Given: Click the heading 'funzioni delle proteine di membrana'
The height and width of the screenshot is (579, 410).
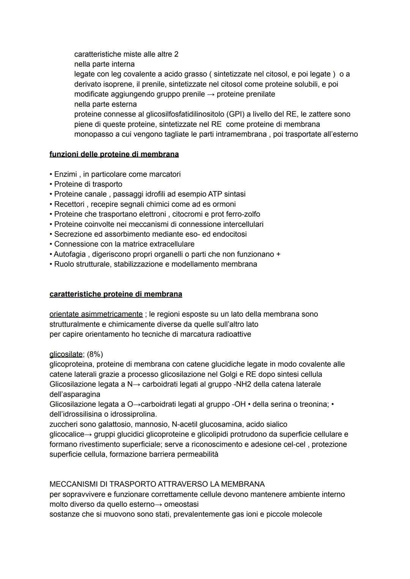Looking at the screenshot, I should coord(114,154).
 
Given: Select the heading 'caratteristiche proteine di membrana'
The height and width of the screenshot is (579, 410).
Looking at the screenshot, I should coord(116,294).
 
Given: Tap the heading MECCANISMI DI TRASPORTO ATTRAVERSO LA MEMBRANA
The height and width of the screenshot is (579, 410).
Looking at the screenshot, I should coord(157,484).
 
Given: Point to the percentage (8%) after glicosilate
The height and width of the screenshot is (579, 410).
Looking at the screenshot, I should coord(95,354).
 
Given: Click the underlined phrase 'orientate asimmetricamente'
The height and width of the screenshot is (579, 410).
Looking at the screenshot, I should coord(96,314).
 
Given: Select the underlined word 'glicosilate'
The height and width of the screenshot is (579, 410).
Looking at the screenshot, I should coord(66,354).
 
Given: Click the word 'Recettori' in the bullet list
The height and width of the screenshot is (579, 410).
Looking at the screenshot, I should coord(69,204).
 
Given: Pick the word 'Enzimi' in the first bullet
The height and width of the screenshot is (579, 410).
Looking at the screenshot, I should coord(65,174).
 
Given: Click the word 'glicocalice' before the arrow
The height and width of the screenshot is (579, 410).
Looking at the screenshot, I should coord(67,434).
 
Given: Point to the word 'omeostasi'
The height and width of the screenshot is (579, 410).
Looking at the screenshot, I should coord(181,504).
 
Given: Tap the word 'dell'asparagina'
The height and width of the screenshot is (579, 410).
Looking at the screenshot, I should coord(75,394).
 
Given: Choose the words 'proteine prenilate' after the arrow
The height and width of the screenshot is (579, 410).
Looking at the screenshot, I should coord(246,94).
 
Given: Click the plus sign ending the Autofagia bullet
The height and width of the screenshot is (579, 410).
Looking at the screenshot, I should coord(278,254).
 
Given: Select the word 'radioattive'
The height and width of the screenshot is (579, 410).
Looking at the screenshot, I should coord(232,334).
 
